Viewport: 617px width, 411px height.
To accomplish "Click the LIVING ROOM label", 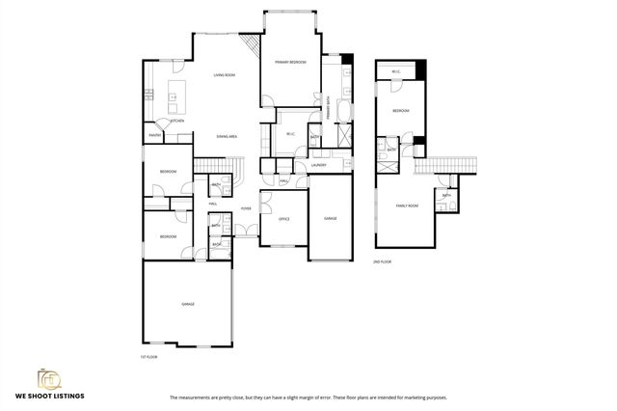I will pyautogui.click(x=225, y=75).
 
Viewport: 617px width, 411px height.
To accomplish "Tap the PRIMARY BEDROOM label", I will pyautogui.click(x=290, y=62).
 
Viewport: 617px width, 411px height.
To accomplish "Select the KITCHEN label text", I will pyautogui.click(x=177, y=121).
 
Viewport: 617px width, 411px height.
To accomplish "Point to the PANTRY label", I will pyautogui.click(x=153, y=136).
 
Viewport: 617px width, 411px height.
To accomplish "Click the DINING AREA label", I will pyautogui.click(x=228, y=137).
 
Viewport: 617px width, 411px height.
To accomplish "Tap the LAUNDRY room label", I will pyautogui.click(x=318, y=165).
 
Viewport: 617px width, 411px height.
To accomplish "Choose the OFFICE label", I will pyautogui.click(x=284, y=219).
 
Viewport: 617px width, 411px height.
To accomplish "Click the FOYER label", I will pyautogui.click(x=247, y=207).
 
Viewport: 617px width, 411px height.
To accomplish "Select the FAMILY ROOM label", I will pyautogui.click(x=408, y=205).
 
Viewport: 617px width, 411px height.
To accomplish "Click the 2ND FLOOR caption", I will pyautogui.click(x=383, y=261).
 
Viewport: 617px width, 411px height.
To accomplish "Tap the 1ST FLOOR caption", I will pyautogui.click(x=148, y=356).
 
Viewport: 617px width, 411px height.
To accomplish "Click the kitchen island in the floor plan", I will pyautogui.click(x=177, y=94).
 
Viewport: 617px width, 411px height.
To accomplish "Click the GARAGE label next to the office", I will pyautogui.click(x=330, y=219).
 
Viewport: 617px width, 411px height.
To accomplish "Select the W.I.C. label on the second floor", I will pyautogui.click(x=396, y=72).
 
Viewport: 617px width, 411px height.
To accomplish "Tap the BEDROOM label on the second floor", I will pyautogui.click(x=401, y=111).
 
